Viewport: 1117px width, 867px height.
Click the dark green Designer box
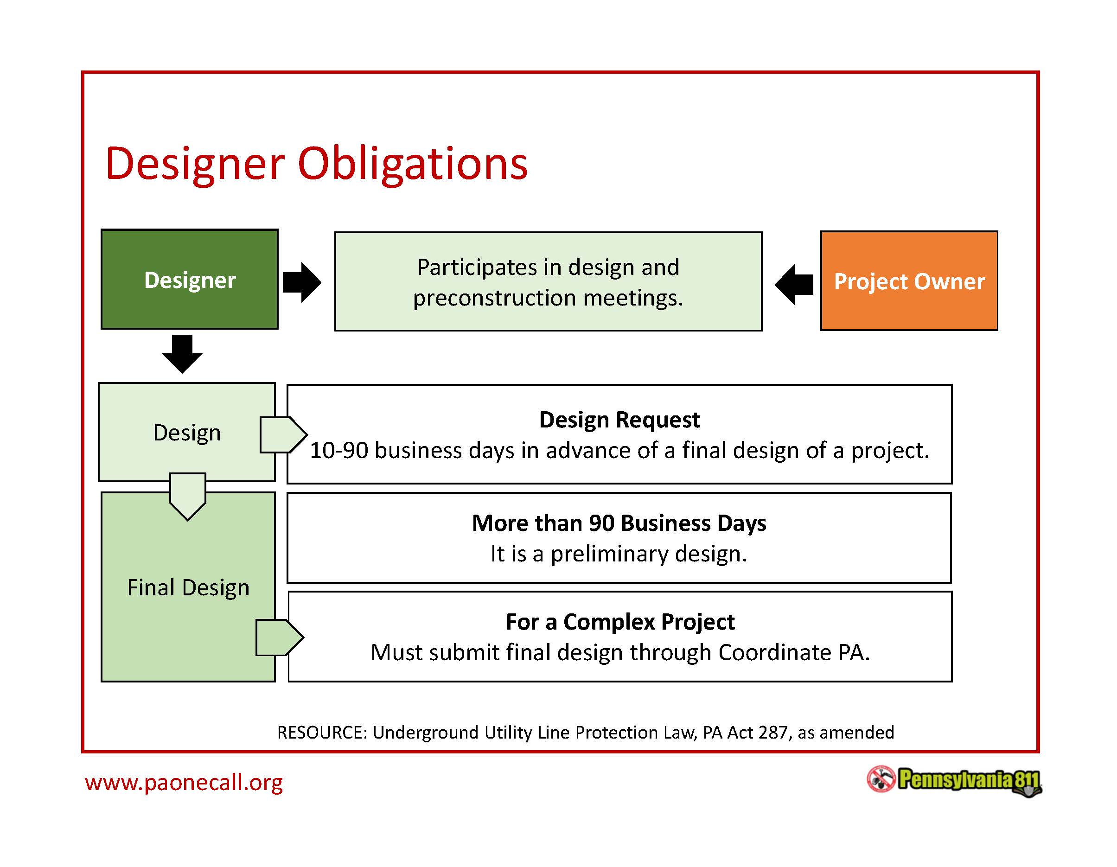tap(189, 279)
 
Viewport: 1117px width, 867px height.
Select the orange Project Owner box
tap(909, 281)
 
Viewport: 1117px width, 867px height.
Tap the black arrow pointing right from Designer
tap(302, 282)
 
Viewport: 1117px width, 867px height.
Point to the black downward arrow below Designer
tap(182, 354)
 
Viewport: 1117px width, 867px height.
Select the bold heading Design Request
tap(619, 420)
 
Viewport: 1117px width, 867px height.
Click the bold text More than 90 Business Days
tap(619, 523)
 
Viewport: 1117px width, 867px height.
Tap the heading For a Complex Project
tap(620, 622)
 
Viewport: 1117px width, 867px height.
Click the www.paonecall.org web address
tap(184, 783)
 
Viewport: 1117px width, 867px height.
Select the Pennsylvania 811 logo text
tap(968, 780)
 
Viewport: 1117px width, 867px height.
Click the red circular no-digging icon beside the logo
tap(881, 779)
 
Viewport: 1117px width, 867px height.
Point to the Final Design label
tap(188, 587)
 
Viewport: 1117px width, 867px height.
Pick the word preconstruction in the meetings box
tap(495, 298)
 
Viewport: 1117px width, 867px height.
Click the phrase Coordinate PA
tap(792, 653)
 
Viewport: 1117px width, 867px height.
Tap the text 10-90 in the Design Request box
tap(338, 451)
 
